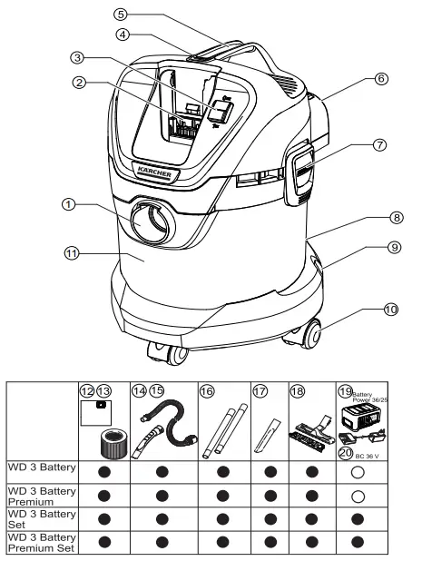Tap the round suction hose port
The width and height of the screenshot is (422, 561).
tap(149, 222)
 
